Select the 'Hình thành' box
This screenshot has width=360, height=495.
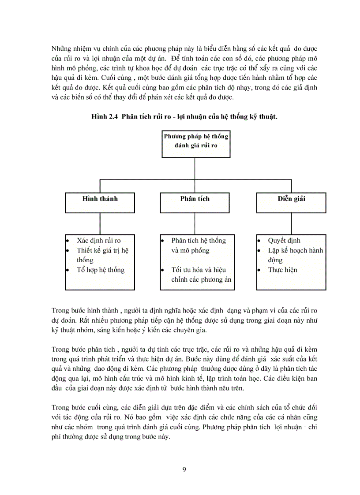tap(100, 202)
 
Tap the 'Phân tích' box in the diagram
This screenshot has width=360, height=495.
tap(195, 202)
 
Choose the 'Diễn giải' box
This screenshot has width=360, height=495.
tap(291, 202)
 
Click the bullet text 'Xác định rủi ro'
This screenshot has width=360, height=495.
tap(98, 241)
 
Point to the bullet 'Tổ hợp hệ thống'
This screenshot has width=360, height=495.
tap(101, 270)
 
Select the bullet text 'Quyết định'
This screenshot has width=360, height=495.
tap(284, 241)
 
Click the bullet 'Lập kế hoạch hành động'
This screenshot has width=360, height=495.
tap(295, 255)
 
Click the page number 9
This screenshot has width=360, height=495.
tap(184, 469)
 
